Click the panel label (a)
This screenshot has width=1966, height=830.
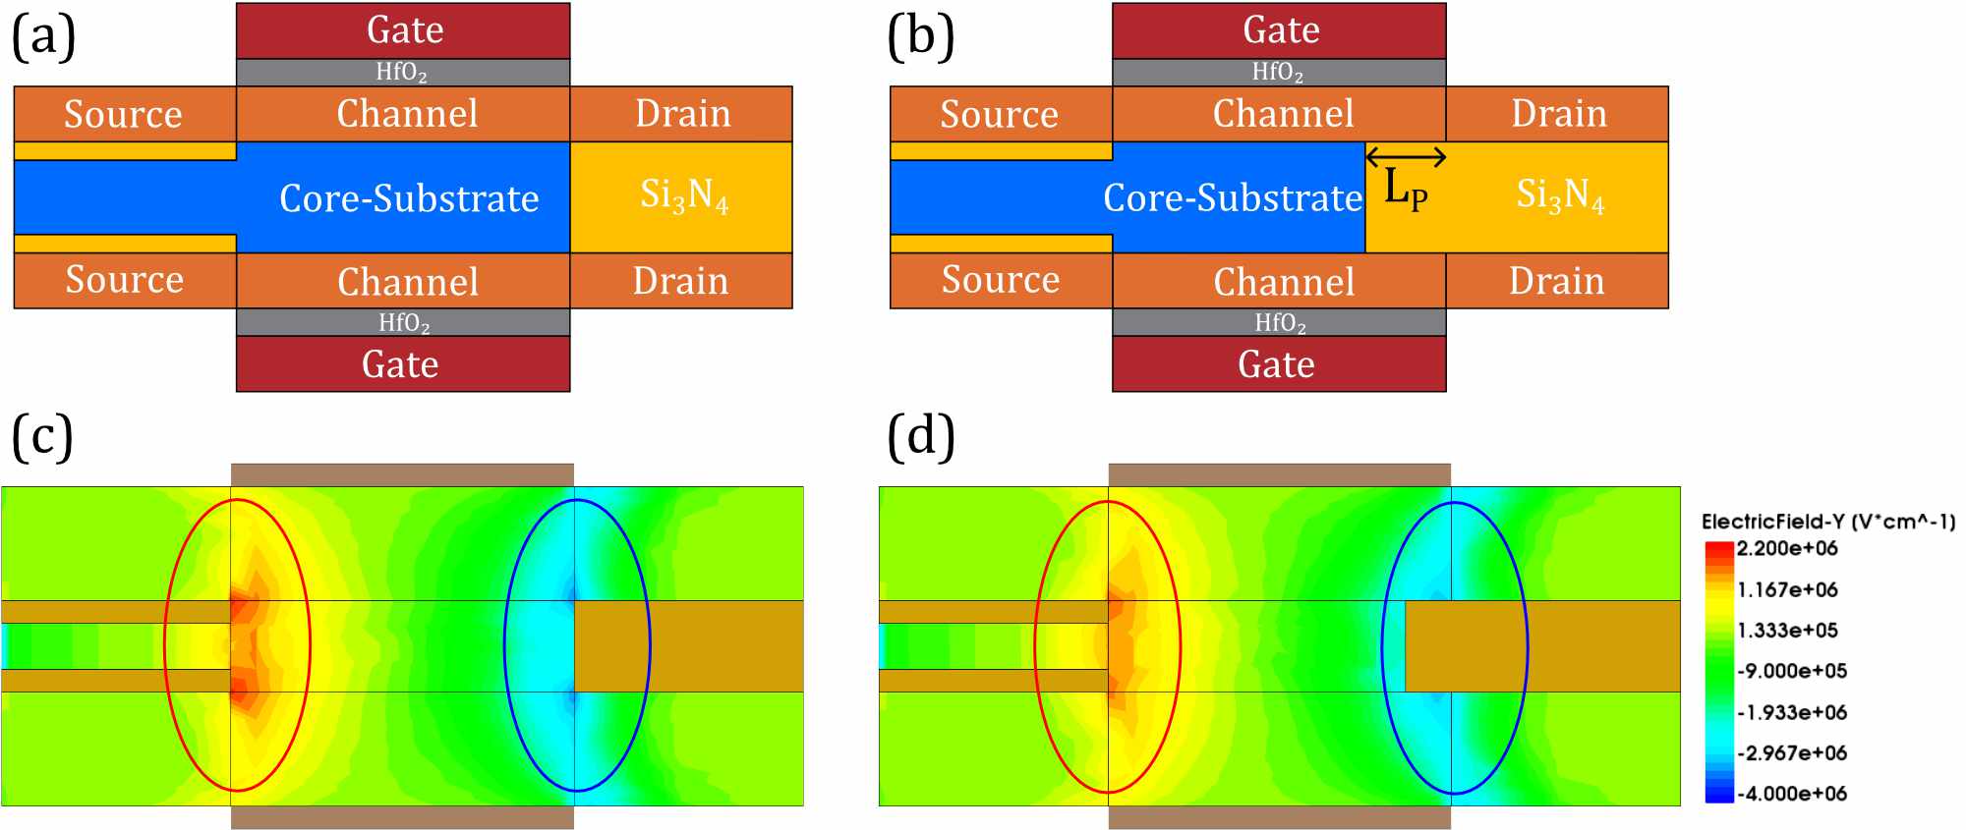(x=43, y=37)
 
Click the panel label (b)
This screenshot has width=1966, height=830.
(x=920, y=37)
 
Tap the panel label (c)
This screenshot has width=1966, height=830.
(x=42, y=436)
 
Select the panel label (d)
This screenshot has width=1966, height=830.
(x=920, y=436)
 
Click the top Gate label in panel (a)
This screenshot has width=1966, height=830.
(x=405, y=30)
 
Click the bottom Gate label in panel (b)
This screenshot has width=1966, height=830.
(x=1276, y=364)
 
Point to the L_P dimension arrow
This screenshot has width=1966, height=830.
(x=1406, y=156)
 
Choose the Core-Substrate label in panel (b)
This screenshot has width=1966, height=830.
(x=1233, y=198)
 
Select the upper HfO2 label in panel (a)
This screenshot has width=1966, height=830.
(x=402, y=72)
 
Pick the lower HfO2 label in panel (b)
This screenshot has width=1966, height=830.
(x=1280, y=323)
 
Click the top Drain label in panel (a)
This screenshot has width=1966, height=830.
(x=683, y=114)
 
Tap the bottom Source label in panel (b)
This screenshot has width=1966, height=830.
(x=1001, y=280)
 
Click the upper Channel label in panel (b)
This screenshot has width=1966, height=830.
(x=1284, y=114)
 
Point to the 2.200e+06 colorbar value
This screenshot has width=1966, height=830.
(x=1787, y=548)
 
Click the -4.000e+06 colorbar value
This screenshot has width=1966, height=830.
(x=1791, y=794)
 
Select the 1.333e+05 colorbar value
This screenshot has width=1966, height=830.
(x=1787, y=631)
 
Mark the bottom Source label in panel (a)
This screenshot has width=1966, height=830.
(x=125, y=280)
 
